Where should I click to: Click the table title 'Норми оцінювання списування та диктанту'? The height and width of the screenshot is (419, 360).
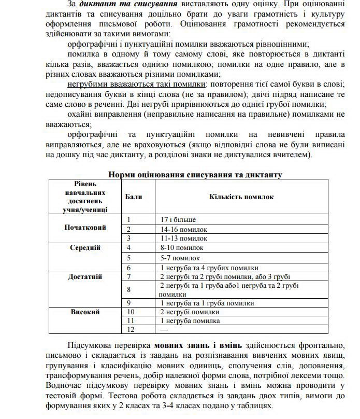click(x=195, y=174)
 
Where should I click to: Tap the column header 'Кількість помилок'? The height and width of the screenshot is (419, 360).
click(x=241, y=197)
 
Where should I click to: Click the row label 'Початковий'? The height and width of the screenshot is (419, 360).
click(x=85, y=228)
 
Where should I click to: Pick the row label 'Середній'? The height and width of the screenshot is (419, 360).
click(x=85, y=248)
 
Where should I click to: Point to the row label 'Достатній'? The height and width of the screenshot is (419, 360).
click(x=85, y=277)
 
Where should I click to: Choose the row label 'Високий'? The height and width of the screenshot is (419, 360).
click(x=85, y=312)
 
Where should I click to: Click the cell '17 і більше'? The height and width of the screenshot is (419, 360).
click(x=178, y=219)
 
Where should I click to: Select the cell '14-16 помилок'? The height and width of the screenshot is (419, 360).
click(x=184, y=229)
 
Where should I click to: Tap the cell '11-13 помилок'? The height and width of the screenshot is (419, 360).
click(x=184, y=239)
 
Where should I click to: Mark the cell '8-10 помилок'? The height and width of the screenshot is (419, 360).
click(x=182, y=248)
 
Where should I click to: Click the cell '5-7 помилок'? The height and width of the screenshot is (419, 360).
click(x=180, y=258)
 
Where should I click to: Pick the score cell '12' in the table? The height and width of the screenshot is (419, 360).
click(x=131, y=330)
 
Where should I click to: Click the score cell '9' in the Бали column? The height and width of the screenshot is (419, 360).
click(x=129, y=303)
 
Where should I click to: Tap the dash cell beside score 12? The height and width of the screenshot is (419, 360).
click(x=165, y=330)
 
